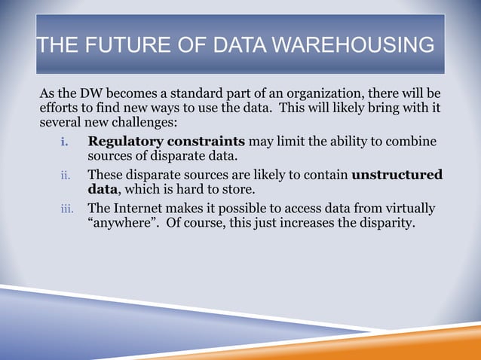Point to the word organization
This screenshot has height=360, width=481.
pos(317,93)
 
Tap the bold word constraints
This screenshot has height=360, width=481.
pos(201,142)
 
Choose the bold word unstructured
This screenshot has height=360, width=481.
pos(397,175)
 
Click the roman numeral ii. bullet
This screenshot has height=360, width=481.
pos(66,175)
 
